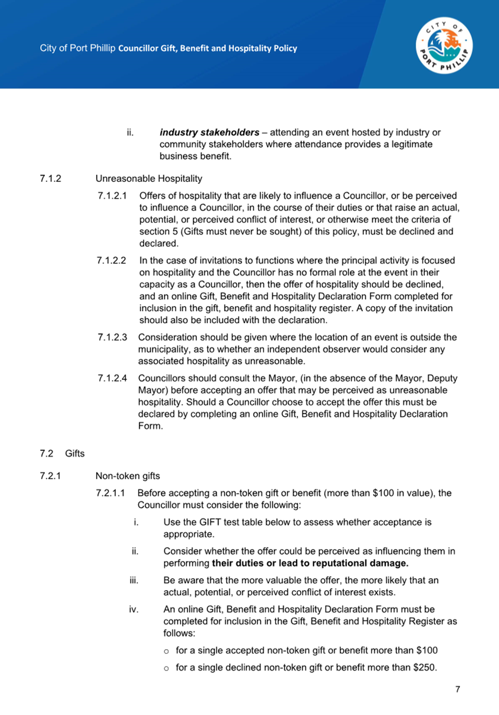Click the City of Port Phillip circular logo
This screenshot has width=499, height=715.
tap(444, 46)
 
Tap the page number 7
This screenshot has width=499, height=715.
tap(457, 689)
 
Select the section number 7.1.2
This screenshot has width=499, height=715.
tap(50, 179)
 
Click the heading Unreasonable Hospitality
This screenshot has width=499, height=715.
tap(149, 179)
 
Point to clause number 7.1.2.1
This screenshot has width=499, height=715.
tap(112, 196)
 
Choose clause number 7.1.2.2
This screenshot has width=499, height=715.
tap(111, 261)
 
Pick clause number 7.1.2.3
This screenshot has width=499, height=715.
tap(112, 337)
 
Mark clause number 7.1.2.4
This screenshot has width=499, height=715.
tap(112, 378)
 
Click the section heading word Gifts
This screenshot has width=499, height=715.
tap(75, 453)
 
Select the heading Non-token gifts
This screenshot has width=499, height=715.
tap(127, 476)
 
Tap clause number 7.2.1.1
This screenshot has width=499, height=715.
tap(110, 493)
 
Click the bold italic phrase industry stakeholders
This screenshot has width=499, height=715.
tap(209, 133)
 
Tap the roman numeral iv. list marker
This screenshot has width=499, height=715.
tap(134, 609)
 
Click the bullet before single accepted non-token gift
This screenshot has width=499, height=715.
tap(166, 651)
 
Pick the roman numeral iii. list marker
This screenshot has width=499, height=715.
tap(134, 580)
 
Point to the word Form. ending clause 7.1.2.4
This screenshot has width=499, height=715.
tap(150, 426)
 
